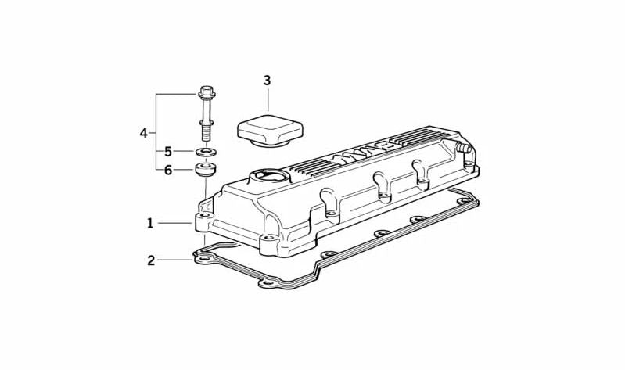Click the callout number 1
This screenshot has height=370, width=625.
[150, 223]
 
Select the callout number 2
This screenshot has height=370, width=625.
[151, 260]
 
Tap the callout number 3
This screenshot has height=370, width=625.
[267, 81]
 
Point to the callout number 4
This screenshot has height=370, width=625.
[143, 133]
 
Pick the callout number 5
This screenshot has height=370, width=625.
[168, 152]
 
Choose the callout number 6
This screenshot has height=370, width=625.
[168, 171]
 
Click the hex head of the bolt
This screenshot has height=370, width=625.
[206, 92]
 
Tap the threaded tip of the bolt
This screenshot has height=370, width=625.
[206, 133]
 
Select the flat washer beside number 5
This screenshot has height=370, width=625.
[206, 152]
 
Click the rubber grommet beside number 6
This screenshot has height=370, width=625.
[206, 169]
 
